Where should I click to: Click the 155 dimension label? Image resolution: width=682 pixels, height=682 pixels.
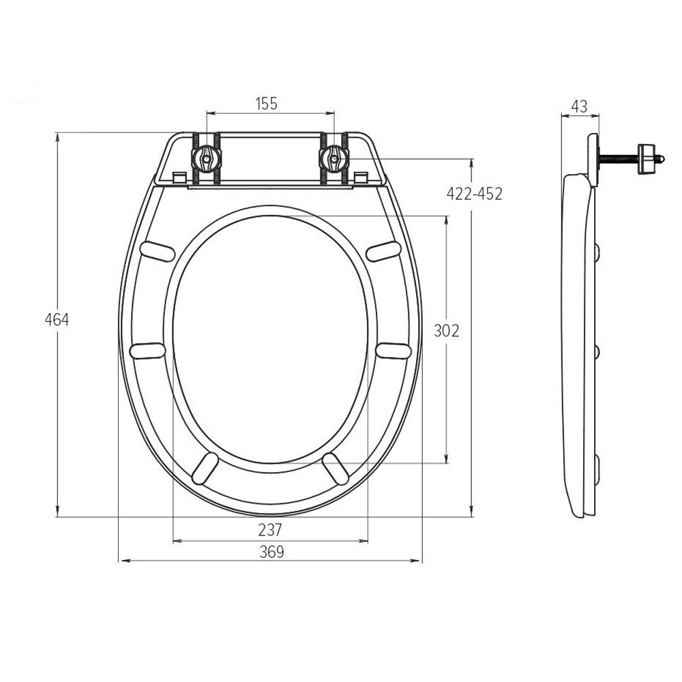[266, 104]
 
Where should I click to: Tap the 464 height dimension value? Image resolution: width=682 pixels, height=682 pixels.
[57, 320]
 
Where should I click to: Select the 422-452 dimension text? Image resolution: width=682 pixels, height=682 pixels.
[474, 194]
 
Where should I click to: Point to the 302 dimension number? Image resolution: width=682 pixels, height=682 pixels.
[446, 331]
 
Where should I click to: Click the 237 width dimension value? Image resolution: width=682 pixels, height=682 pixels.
[270, 530]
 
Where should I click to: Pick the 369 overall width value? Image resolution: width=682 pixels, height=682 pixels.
[271, 552]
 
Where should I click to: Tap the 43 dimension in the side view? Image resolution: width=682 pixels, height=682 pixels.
[579, 106]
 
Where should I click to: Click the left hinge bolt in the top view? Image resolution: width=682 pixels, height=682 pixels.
[207, 158]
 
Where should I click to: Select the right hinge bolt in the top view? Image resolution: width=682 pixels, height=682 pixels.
[334, 158]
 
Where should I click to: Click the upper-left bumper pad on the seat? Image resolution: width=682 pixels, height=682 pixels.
[158, 252]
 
